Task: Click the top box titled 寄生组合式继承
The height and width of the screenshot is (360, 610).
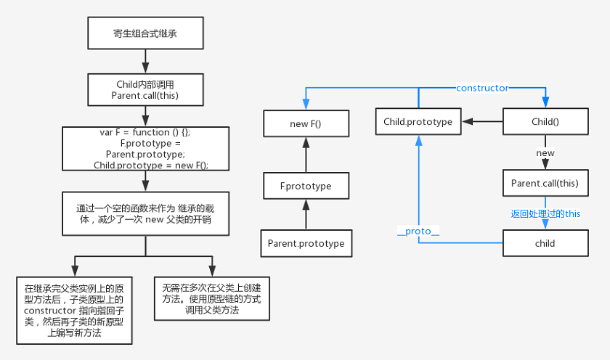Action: coord(145,33)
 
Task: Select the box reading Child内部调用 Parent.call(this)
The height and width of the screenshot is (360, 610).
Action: coord(145,90)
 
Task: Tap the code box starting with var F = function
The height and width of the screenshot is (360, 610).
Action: coord(145,149)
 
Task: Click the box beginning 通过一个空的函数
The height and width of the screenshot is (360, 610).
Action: coord(145,213)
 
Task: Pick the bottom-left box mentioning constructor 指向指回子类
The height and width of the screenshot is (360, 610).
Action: coord(74,310)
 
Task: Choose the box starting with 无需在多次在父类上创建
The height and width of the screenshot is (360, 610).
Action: coord(212,298)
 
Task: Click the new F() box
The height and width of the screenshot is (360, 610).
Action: coord(306,123)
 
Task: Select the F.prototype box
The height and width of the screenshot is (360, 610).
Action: coord(306,186)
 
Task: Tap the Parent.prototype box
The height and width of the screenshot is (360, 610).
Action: coord(306,243)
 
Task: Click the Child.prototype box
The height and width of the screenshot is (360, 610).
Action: coord(418,122)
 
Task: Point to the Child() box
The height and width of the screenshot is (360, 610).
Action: coord(545,122)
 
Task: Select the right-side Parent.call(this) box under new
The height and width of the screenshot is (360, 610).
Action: coord(545,183)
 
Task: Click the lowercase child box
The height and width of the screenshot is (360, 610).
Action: coord(545,243)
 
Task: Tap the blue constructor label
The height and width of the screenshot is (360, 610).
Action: coord(482,89)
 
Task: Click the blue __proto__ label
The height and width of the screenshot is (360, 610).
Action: coord(418,232)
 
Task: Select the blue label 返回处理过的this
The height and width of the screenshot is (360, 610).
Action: coord(545,213)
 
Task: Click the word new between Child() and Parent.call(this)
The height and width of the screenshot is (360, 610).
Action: coord(545,153)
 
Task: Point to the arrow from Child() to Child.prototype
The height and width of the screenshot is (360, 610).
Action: coord(482,122)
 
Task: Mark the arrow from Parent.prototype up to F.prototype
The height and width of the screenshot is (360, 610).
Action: coord(306,214)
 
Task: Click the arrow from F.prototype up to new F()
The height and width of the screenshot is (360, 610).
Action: coord(306,155)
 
